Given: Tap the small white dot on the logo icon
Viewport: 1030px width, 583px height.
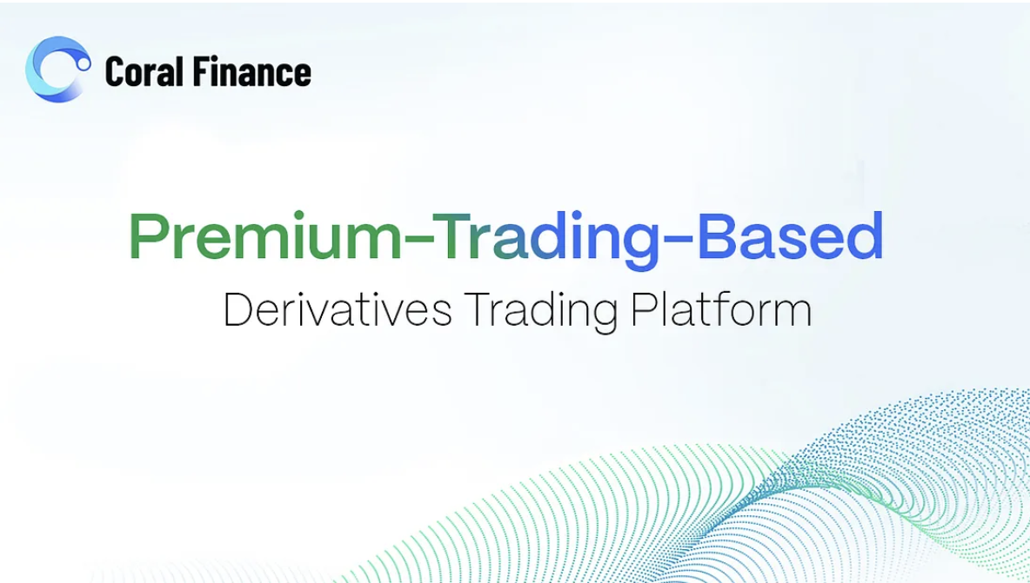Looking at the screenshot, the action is point(84,63).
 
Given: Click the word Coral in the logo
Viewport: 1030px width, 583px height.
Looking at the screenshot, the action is point(144,71).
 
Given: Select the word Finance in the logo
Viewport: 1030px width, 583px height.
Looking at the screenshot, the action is point(251,71).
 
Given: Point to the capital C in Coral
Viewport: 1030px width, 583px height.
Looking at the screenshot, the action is point(115,71).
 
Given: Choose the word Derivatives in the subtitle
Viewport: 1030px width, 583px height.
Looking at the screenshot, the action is point(338,308).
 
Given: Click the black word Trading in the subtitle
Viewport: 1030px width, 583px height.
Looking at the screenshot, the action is point(540,311).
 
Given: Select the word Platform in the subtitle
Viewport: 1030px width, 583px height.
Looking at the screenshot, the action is point(720,308).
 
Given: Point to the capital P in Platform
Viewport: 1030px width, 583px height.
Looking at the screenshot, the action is point(642,309).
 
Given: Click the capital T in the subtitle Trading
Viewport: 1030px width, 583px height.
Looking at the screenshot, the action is point(478,309).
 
